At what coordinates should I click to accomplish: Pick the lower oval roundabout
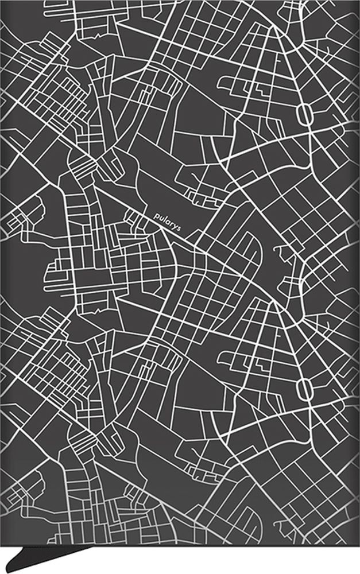pos(304,390)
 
